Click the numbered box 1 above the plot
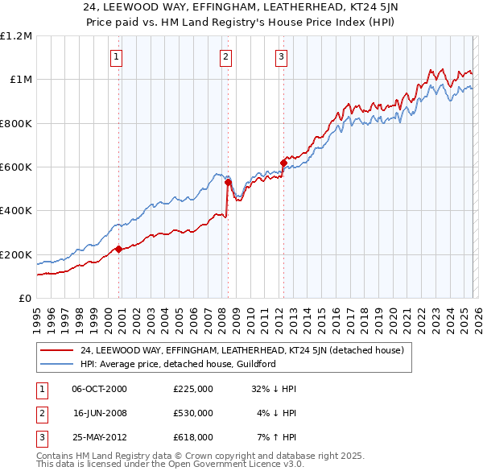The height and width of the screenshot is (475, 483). pos(118,56)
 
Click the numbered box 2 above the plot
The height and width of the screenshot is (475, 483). pos(225,56)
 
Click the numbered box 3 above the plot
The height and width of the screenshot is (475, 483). pos(281,56)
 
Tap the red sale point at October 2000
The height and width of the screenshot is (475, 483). pos(118,249)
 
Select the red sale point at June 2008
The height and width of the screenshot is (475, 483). pos(228,182)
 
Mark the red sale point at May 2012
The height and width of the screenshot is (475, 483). pos(283,163)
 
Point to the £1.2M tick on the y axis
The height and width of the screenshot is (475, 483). pos(17,36)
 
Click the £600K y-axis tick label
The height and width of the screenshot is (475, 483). pos(16,167)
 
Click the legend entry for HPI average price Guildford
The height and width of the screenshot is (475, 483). pos(178,364)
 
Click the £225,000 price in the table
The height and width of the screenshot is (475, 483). pos(192,388)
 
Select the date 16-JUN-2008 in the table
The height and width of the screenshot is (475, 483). pos(100,413)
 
